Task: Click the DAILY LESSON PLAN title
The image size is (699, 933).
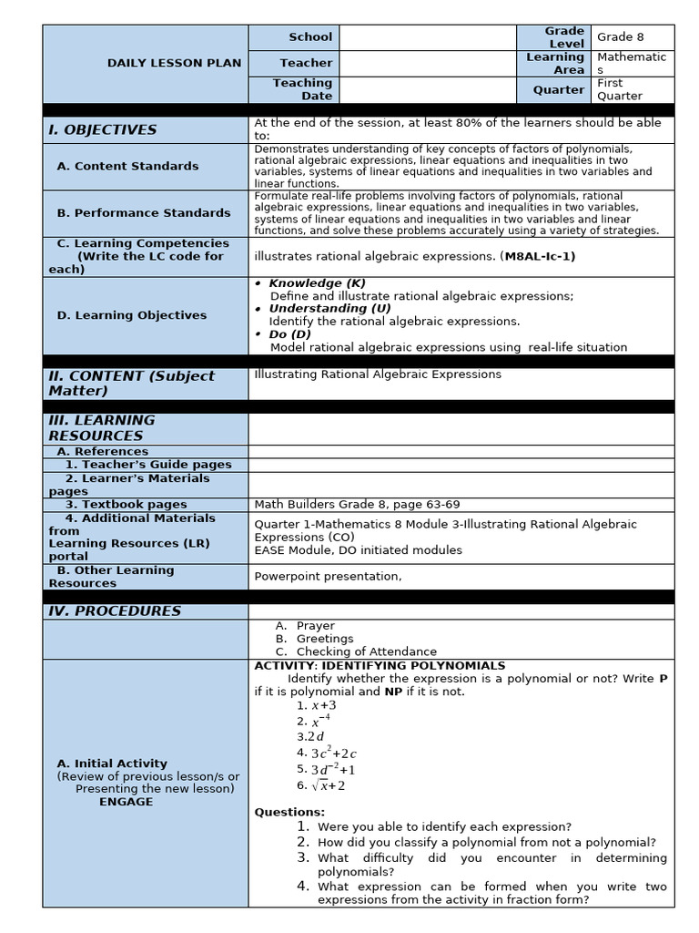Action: coord(174,63)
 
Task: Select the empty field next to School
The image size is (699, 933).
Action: coord(428,37)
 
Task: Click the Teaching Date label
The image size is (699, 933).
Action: coord(302,89)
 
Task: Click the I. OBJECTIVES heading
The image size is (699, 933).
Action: coord(102,129)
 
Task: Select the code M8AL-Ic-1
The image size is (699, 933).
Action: coord(537,257)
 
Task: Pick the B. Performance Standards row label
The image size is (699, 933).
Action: coord(143,213)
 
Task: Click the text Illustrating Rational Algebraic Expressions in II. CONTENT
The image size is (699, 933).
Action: coord(378,374)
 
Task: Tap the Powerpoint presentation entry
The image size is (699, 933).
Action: coord(328,577)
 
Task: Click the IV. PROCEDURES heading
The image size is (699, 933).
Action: coord(115,611)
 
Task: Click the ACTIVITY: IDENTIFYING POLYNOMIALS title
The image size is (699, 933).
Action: coord(380,666)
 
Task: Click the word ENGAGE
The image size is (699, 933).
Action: coord(126,802)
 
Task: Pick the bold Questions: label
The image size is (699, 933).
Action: coord(289,812)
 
